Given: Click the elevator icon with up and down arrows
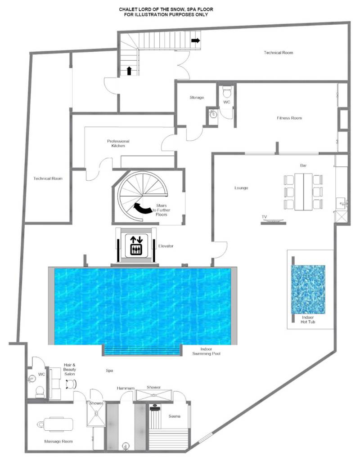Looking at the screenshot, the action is click(x=136, y=245).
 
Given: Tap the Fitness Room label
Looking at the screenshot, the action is click(x=289, y=118).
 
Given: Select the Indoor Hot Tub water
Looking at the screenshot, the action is click(x=308, y=290).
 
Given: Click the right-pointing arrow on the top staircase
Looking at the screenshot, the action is click(x=196, y=40).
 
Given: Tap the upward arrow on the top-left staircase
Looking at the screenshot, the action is click(x=129, y=71).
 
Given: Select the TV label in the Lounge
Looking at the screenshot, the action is click(x=264, y=217).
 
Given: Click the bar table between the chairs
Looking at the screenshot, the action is click(x=303, y=192).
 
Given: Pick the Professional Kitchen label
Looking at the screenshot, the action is click(x=118, y=143).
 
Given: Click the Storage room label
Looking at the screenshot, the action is click(x=197, y=98).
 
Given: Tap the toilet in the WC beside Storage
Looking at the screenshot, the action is click(x=227, y=92).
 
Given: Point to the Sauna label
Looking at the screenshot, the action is click(x=175, y=416).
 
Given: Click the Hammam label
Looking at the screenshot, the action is click(x=126, y=388).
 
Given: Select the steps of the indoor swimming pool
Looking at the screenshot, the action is click(x=142, y=350).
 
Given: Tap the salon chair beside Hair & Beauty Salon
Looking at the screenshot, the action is click(x=71, y=384).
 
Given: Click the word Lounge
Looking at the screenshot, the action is click(x=241, y=188).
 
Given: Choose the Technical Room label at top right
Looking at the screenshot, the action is click(x=279, y=53).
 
